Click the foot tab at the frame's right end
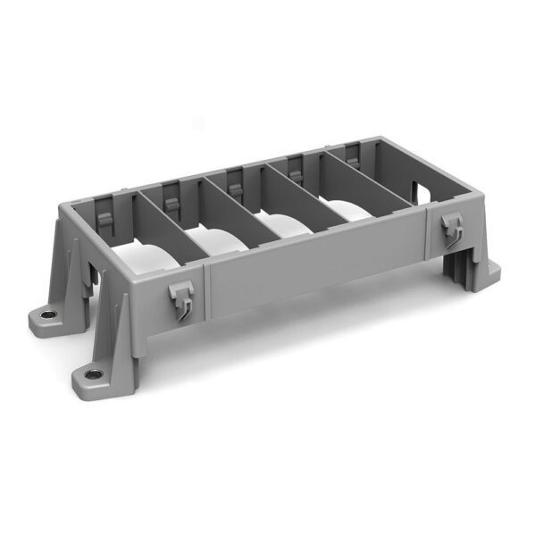490,269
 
